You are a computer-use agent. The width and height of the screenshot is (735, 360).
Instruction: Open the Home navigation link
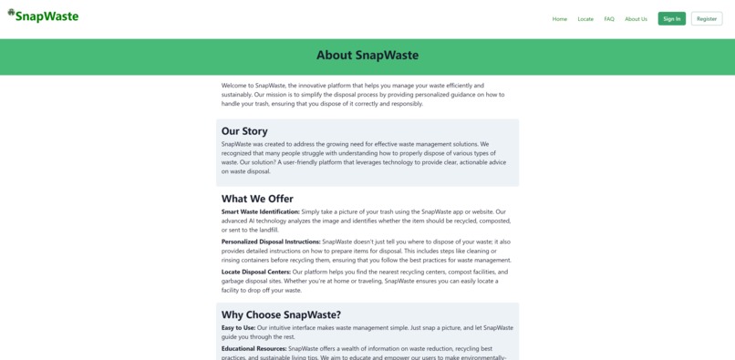pyautogui.click(x=559, y=19)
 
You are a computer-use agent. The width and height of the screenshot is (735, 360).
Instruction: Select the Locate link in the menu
pyautogui.click(x=585, y=19)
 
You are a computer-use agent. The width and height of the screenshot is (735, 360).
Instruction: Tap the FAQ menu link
pyautogui.click(x=609, y=19)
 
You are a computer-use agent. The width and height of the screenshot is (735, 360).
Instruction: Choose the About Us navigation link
pyautogui.click(x=636, y=19)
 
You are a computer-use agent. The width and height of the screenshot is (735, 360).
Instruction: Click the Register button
pyautogui.click(x=707, y=19)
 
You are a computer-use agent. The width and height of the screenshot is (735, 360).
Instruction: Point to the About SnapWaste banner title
pyautogui.click(x=367, y=56)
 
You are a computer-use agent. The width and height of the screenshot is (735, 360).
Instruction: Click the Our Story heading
pyautogui.click(x=244, y=131)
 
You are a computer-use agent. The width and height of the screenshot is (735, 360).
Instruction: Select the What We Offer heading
pyautogui.click(x=257, y=199)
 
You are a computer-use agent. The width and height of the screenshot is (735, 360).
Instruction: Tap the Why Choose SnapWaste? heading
pyautogui.click(x=281, y=315)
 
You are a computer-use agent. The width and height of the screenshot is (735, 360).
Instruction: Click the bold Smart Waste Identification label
pyautogui.click(x=260, y=211)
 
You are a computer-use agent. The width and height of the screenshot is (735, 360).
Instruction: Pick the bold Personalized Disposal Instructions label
pyautogui.click(x=271, y=242)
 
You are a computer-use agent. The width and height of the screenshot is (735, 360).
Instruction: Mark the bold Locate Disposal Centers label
pyautogui.click(x=256, y=272)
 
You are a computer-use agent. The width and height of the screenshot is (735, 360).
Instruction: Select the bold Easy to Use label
pyautogui.click(x=238, y=328)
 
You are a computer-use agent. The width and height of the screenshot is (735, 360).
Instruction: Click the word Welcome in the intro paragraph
pyautogui.click(x=235, y=86)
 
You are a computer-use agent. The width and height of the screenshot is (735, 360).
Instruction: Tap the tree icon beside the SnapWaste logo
pyautogui.click(x=12, y=13)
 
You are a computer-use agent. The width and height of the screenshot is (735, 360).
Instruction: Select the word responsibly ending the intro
pyautogui.click(x=407, y=104)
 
